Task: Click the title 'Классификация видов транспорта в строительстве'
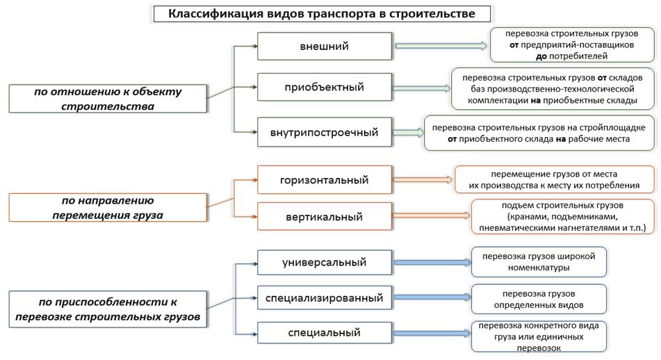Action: click(322, 14)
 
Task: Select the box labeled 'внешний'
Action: click(325, 46)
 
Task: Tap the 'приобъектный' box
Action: click(325, 87)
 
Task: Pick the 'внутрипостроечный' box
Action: click(325, 132)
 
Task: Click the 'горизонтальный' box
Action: click(325, 180)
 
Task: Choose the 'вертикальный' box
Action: click(325, 217)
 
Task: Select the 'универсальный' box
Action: click(325, 262)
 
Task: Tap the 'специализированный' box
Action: click(325, 297)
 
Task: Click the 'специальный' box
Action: click(325, 333)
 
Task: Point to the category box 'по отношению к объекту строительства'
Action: click(108, 99)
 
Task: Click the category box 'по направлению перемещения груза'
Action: click(108, 207)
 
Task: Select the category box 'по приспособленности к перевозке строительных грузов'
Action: click(108, 309)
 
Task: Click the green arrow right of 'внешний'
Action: click(441, 46)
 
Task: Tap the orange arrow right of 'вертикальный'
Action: click(431, 215)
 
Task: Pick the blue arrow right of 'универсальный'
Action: click(432, 262)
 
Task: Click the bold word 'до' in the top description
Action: click(541, 56)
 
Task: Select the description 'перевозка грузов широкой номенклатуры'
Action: click(539, 262)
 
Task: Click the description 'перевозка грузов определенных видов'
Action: click(539, 299)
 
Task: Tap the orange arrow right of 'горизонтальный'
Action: click(423, 179)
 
